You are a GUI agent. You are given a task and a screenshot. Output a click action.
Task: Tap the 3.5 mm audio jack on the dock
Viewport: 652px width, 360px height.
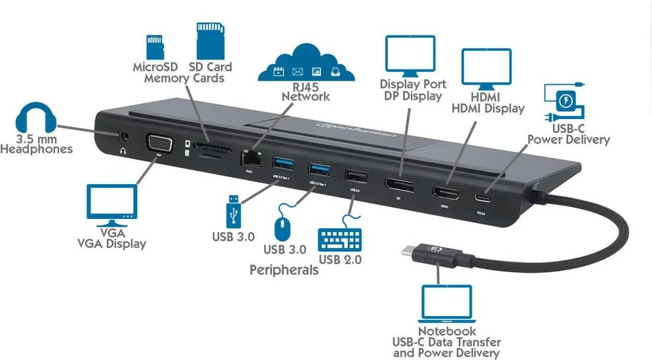[123, 138]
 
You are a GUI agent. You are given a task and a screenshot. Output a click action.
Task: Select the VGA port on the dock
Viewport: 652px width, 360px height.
[157, 144]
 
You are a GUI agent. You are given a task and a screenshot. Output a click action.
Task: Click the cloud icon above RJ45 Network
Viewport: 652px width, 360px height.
[306, 64]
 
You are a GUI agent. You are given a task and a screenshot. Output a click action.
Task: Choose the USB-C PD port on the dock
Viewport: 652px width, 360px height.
[486, 199]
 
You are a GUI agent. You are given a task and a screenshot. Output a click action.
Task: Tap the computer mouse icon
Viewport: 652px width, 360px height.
[282, 228]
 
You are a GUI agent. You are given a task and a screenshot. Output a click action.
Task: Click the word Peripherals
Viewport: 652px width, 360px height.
[284, 270]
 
